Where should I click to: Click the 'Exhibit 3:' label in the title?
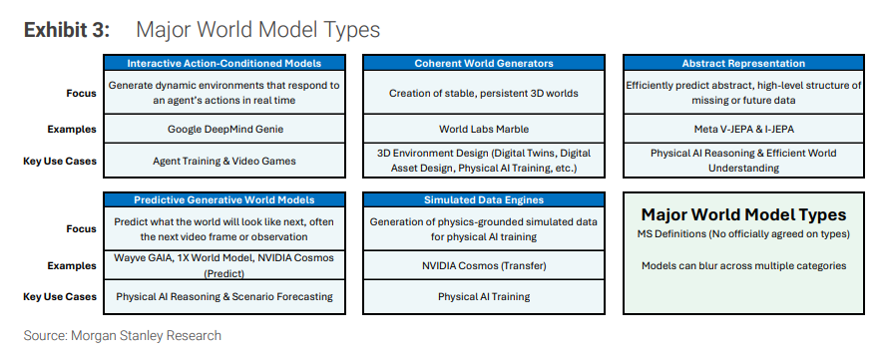pyautogui.click(x=67, y=30)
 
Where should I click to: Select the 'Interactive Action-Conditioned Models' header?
pyautogui.click(x=224, y=63)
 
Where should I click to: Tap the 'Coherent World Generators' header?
pyautogui.click(x=484, y=63)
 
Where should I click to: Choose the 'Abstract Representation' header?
pyautogui.click(x=743, y=63)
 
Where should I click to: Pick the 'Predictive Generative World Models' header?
pyautogui.click(x=224, y=199)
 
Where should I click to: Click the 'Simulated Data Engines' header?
pyautogui.click(x=484, y=199)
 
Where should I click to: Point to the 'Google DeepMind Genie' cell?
pyautogui.click(x=225, y=129)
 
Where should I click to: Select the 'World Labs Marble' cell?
pyautogui.click(x=484, y=129)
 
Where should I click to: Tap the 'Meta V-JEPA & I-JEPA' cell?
pyautogui.click(x=743, y=129)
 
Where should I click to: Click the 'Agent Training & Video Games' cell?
pyautogui.click(x=224, y=161)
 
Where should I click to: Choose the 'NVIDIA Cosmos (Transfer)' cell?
pyautogui.click(x=484, y=265)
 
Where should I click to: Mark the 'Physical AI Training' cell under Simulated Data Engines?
pyautogui.click(x=484, y=296)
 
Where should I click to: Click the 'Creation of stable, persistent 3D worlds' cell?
pyautogui.click(x=484, y=93)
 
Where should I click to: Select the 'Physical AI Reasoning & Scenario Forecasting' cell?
pyautogui.click(x=224, y=296)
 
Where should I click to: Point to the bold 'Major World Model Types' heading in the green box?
pyautogui.click(x=743, y=214)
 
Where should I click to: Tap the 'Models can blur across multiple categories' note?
pyautogui.click(x=743, y=265)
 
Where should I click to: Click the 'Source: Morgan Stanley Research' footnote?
pyautogui.click(x=122, y=336)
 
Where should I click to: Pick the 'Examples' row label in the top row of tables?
pyautogui.click(x=72, y=129)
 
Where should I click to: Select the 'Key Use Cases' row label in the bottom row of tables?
pyautogui.click(x=60, y=296)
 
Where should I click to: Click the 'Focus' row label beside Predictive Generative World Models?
pyautogui.click(x=81, y=229)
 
